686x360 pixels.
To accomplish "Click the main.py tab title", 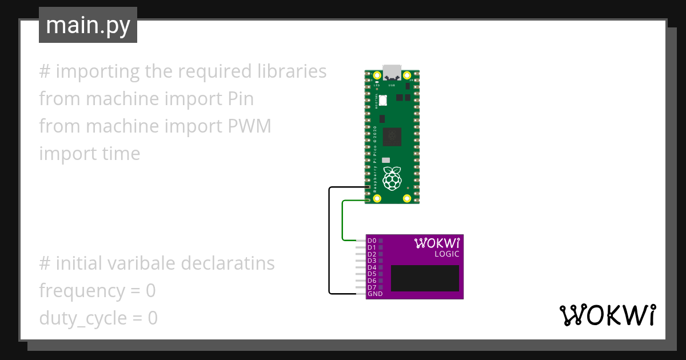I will coord(88,26).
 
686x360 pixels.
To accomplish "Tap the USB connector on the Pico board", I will coord(392,73).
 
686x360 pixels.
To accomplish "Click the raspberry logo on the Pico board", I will coord(392,178).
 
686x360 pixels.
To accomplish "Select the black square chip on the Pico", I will coord(392,136).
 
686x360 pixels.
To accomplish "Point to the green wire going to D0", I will coord(342,220).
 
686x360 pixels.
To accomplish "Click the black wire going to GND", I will coord(329,240).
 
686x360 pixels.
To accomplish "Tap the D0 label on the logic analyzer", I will coord(372,241).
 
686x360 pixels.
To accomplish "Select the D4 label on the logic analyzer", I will coord(372,267).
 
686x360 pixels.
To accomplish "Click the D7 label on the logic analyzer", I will coord(372,287).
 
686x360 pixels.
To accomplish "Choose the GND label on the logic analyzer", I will coord(375,294).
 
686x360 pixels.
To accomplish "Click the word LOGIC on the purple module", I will coord(446,254).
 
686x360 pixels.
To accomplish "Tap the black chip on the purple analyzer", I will coord(425,278).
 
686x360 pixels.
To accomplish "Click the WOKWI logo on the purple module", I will coord(436,243).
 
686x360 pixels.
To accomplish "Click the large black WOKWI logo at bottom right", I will coord(607,315).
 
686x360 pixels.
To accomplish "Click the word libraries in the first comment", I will coord(292,71).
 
